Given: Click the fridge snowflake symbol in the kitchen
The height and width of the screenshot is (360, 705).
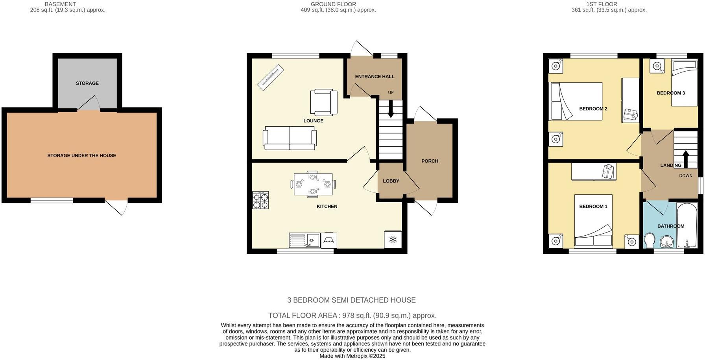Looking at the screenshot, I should pyautogui.click(x=393, y=240).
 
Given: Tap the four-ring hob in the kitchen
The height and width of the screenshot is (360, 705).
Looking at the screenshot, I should pyautogui.click(x=260, y=200).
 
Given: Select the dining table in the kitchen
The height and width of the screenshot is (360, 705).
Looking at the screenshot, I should pyautogui.click(x=313, y=184).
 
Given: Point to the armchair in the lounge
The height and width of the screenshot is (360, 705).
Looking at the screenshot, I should pyautogui.click(x=324, y=102).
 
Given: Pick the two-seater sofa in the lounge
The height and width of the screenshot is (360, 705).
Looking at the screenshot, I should pyautogui.click(x=290, y=138).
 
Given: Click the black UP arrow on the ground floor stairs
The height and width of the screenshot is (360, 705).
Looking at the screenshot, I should pyautogui.click(x=391, y=109).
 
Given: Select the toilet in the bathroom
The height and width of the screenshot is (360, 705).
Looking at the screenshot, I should pyautogui.click(x=650, y=240).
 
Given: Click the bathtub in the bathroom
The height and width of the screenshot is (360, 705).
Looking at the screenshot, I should pyautogui.click(x=687, y=225).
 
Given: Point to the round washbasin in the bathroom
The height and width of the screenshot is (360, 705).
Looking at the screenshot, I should pyautogui.click(x=665, y=241).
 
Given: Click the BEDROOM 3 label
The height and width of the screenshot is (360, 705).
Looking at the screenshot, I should pyautogui.click(x=671, y=93).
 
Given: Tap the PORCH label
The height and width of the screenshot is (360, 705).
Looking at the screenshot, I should pyautogui.click(x=430, y=161).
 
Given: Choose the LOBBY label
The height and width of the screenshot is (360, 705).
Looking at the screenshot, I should pyautogui.click(x=391, y=181).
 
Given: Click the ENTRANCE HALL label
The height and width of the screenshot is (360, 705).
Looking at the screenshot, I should pyautogui.click(x=375, y=77).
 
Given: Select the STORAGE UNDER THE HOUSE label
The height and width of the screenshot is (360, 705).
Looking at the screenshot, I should pyautogui.click(x=82, y=155).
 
